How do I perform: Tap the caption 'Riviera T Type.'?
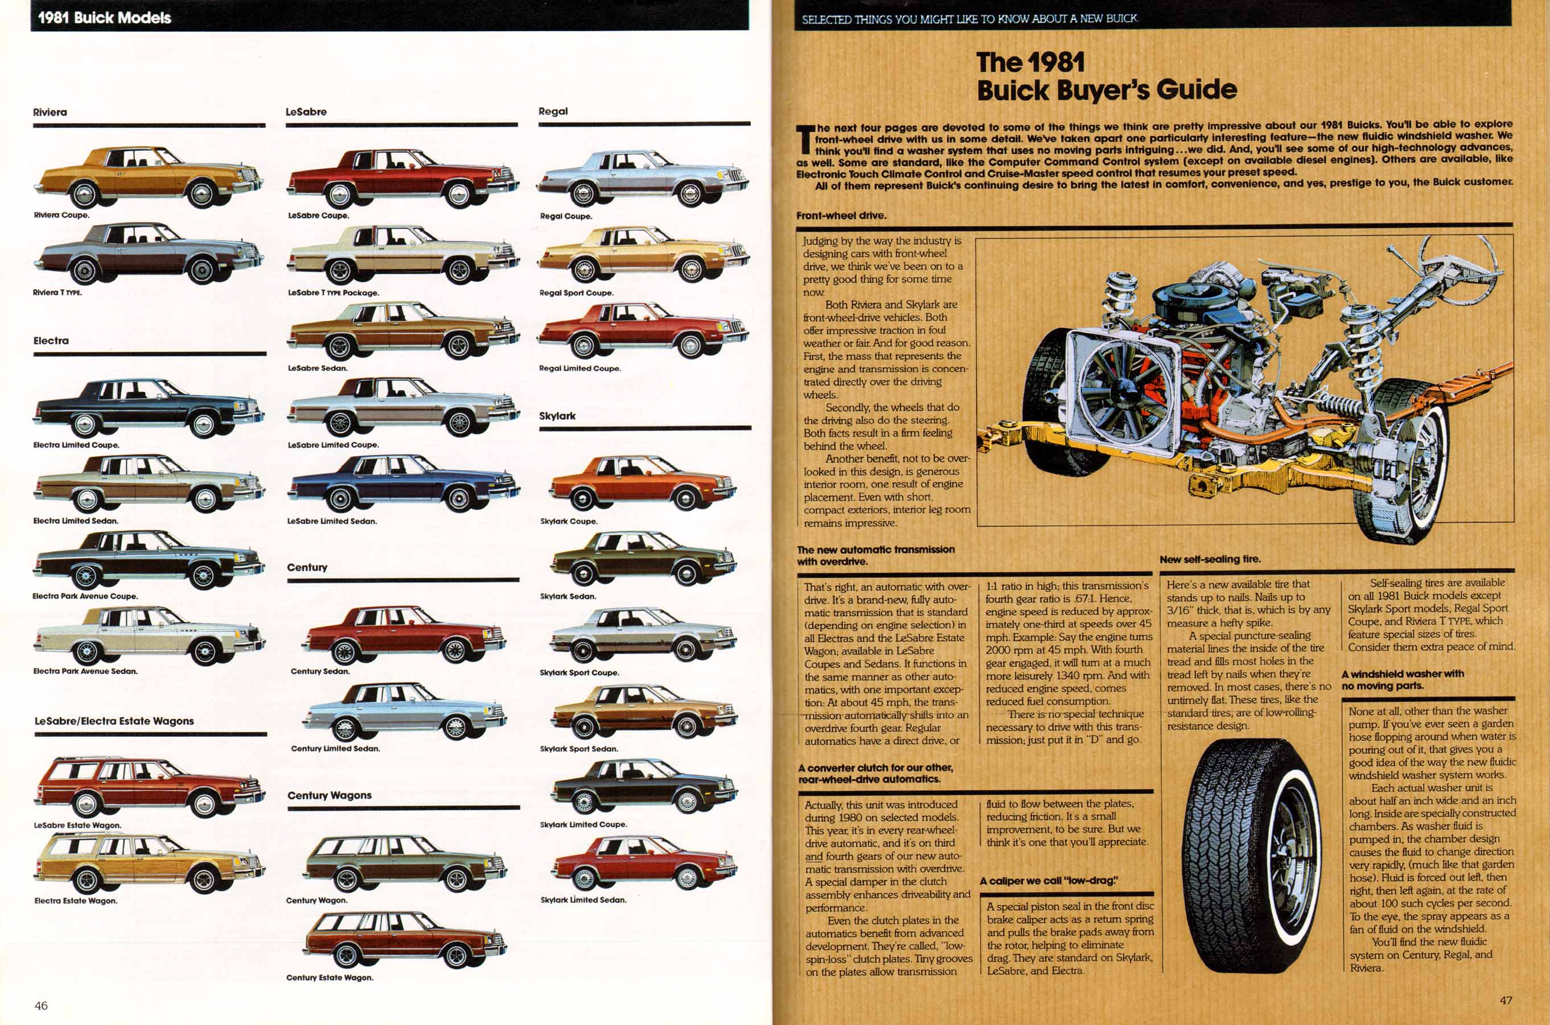click(57, 292)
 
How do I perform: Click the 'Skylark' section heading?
click(557, 416)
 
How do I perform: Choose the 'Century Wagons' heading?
click(330, 795)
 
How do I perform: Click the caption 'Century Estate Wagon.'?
click(330, 977)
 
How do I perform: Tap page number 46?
click(41, 1006)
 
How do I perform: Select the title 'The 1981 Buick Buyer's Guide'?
click(1107, 76)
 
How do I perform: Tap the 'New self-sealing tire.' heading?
click(1210, 559)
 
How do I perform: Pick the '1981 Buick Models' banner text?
click(105, 18)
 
